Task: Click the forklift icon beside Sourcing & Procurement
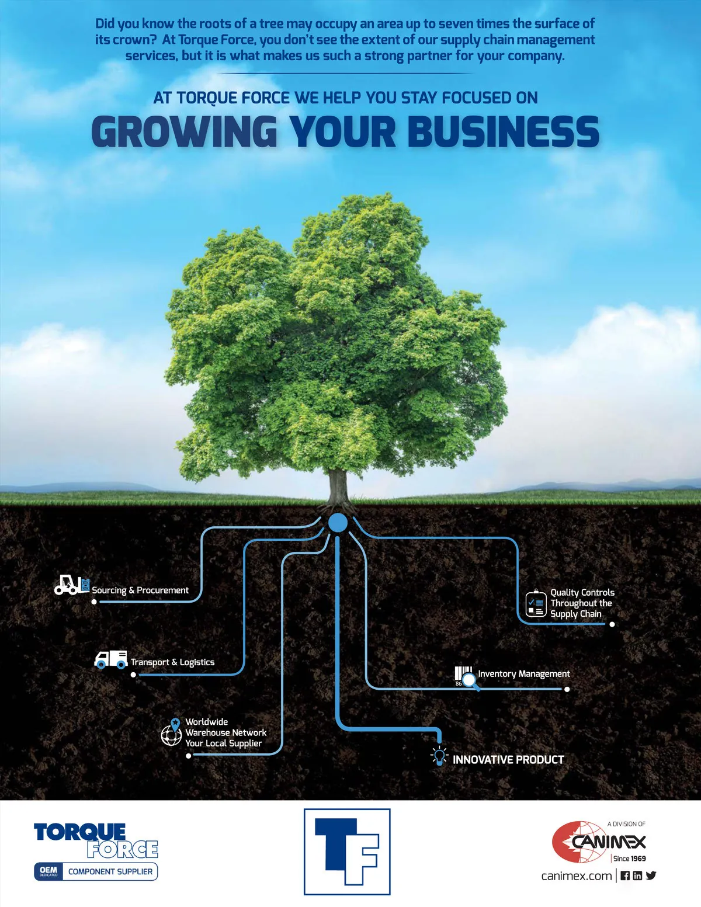click(72, 585)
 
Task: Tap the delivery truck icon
click(110, 659)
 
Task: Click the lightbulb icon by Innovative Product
click(439, 756)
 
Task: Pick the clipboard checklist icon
click(536, 603)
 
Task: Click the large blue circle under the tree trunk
click(338, 523)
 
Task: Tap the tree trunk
click(338, 488)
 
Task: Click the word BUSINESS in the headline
click(503, 131)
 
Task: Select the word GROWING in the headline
click(184, 131)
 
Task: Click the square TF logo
click(347, 852)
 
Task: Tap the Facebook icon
click(625, 875)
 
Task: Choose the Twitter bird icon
click(651, 875)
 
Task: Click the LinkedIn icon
click(637, 875)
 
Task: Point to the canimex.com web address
click(577, 875)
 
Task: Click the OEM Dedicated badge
click(48, 871)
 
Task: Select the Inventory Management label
click(524, 674)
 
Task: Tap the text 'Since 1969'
click(630, 859)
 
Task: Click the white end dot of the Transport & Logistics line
click(133, 675)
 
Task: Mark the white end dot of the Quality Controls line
click(612, 624)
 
